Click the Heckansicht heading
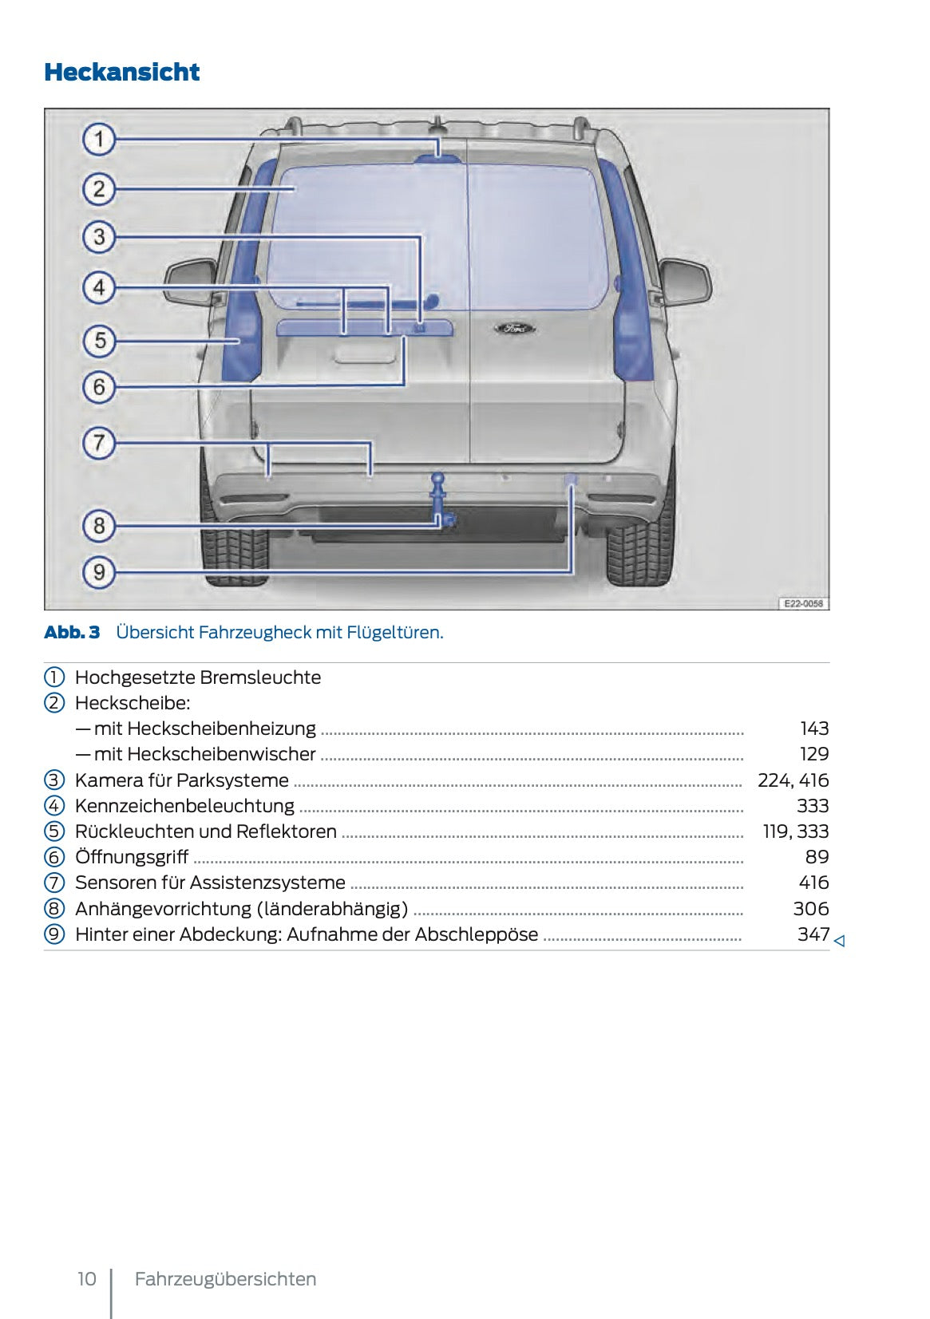(122, 72)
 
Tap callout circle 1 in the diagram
(99, 140)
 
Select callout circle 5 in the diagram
(99, 341)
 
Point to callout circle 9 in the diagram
(99, 572)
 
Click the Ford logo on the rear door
(514, 328)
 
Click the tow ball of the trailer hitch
(438, 479)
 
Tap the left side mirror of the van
(190, 282)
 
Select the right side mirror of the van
(685, 282)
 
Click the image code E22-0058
(802, 604)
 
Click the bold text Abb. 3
(72, 633)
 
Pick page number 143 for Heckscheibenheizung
(814, 729)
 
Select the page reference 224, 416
(793, 780)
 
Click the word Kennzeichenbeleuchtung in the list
(184, 806)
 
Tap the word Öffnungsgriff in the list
(132, 857)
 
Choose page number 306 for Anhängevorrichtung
(810, 909)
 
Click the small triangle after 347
(839, 942)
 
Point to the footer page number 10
(86, 1279)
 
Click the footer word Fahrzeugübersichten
(225, 1279)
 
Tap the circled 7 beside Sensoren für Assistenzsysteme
(53, 883)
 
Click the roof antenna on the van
(437, 124)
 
